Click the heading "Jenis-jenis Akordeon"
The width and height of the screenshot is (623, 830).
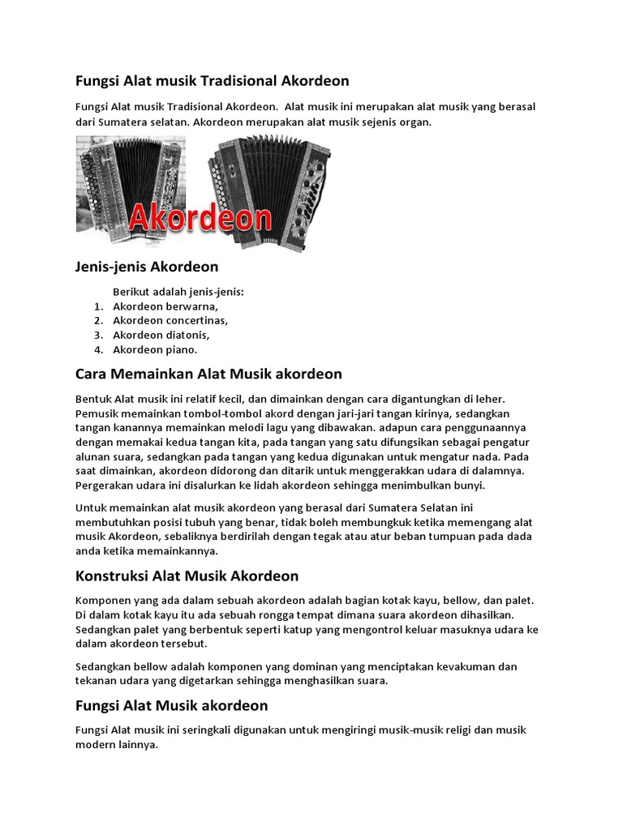147,266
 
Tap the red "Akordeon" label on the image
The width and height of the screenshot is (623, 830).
200,218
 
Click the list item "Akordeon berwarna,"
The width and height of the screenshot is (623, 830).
165,306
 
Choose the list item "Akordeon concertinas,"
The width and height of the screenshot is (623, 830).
170,320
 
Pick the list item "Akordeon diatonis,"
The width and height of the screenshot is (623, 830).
161,335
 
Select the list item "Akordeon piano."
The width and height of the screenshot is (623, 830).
155,349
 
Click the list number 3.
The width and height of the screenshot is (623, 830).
97,335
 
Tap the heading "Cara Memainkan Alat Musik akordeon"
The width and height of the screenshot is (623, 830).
208,374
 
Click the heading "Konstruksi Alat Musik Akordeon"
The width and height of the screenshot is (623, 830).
187,575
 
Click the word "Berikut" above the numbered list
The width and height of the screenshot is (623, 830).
130,292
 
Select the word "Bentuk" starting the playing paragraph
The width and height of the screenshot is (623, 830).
92,399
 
